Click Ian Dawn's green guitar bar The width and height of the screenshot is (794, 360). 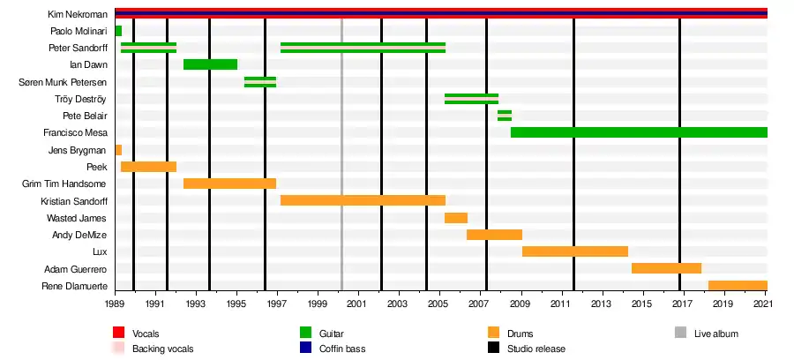pyautogui.click(x=210, y=64)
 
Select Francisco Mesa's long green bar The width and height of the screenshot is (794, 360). pyautogui.click(x=639, y=132)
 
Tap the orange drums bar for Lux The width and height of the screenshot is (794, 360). pyautogui.click(x=574, y=251)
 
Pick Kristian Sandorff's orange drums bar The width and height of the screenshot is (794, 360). pyautogui.click(x=363, y=200)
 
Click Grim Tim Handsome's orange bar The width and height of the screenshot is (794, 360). pyautogui.click(x=229, y=184)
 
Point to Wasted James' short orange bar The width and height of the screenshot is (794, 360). pyautogui.click(x=455, y=218)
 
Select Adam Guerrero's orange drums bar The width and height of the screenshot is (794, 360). pyautogui.click(x=666, y=268)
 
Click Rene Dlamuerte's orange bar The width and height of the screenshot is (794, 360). pyautogui.click(x=738, y=286)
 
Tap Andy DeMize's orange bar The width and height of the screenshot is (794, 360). pyautogui.click(x=494, y=235)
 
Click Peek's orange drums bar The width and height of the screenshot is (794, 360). pyautogui.click(x=148, y=167)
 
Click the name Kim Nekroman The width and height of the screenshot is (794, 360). pyautogui.click(x=78, y=14)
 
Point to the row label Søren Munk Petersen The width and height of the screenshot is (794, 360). pyautogui.click(x=63, y=82)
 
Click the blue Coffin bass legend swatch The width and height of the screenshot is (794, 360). pyautogui.click(x=307, y=349)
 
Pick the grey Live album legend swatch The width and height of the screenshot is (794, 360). pyautogui.click(x=680, y=334)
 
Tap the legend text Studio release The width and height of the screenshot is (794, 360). pyautogui.click(x=536, y=349)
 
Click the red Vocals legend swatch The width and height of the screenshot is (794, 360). pyautogui.click(x=118, y=334)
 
